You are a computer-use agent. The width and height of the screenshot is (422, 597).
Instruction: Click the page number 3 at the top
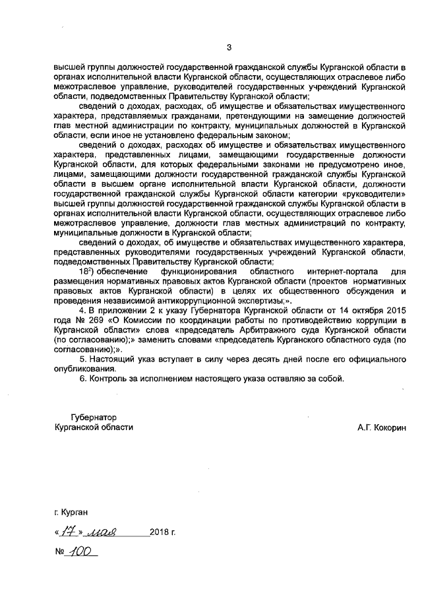tap(229, 47)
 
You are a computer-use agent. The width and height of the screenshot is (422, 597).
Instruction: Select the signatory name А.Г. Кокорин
tap(382, 427)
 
